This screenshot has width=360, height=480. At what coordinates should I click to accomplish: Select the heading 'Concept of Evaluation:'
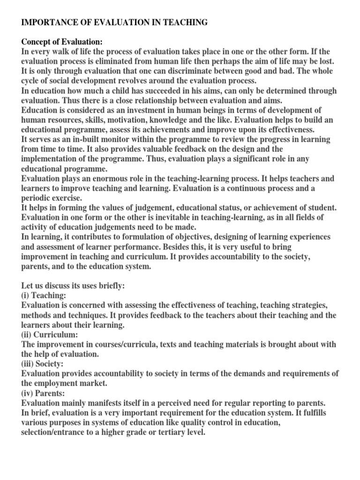[x=61, y=42]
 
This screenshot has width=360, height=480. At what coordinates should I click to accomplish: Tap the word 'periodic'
[x=37, y=198]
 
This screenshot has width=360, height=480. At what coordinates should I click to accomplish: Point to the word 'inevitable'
[x=180, y=217]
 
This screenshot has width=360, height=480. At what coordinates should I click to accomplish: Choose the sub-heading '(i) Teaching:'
[x=43, y=296]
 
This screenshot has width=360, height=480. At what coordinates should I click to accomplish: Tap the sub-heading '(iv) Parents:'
[x=45, y=393]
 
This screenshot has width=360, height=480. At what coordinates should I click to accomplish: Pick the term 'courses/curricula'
[x=124, y=345]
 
